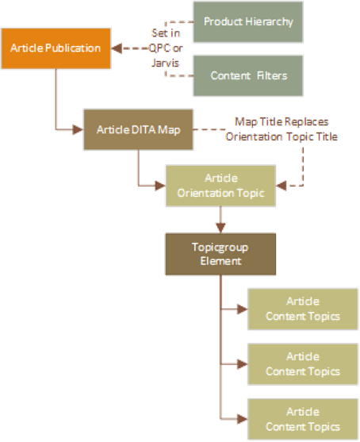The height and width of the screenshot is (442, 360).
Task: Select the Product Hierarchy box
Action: click(x=247, y=21)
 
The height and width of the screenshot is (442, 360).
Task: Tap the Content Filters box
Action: click(x=247, y=75)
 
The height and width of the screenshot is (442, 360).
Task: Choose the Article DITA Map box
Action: click(x=138, y=129)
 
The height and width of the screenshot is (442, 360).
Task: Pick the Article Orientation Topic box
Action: click(x=220, y=186)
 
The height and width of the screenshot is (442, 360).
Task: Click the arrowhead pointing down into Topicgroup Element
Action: click(x=220, y=227)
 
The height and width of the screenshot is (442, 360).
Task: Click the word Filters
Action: click(x=270, y=75)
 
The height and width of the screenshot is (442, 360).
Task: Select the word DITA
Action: click(x=143, y=129)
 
